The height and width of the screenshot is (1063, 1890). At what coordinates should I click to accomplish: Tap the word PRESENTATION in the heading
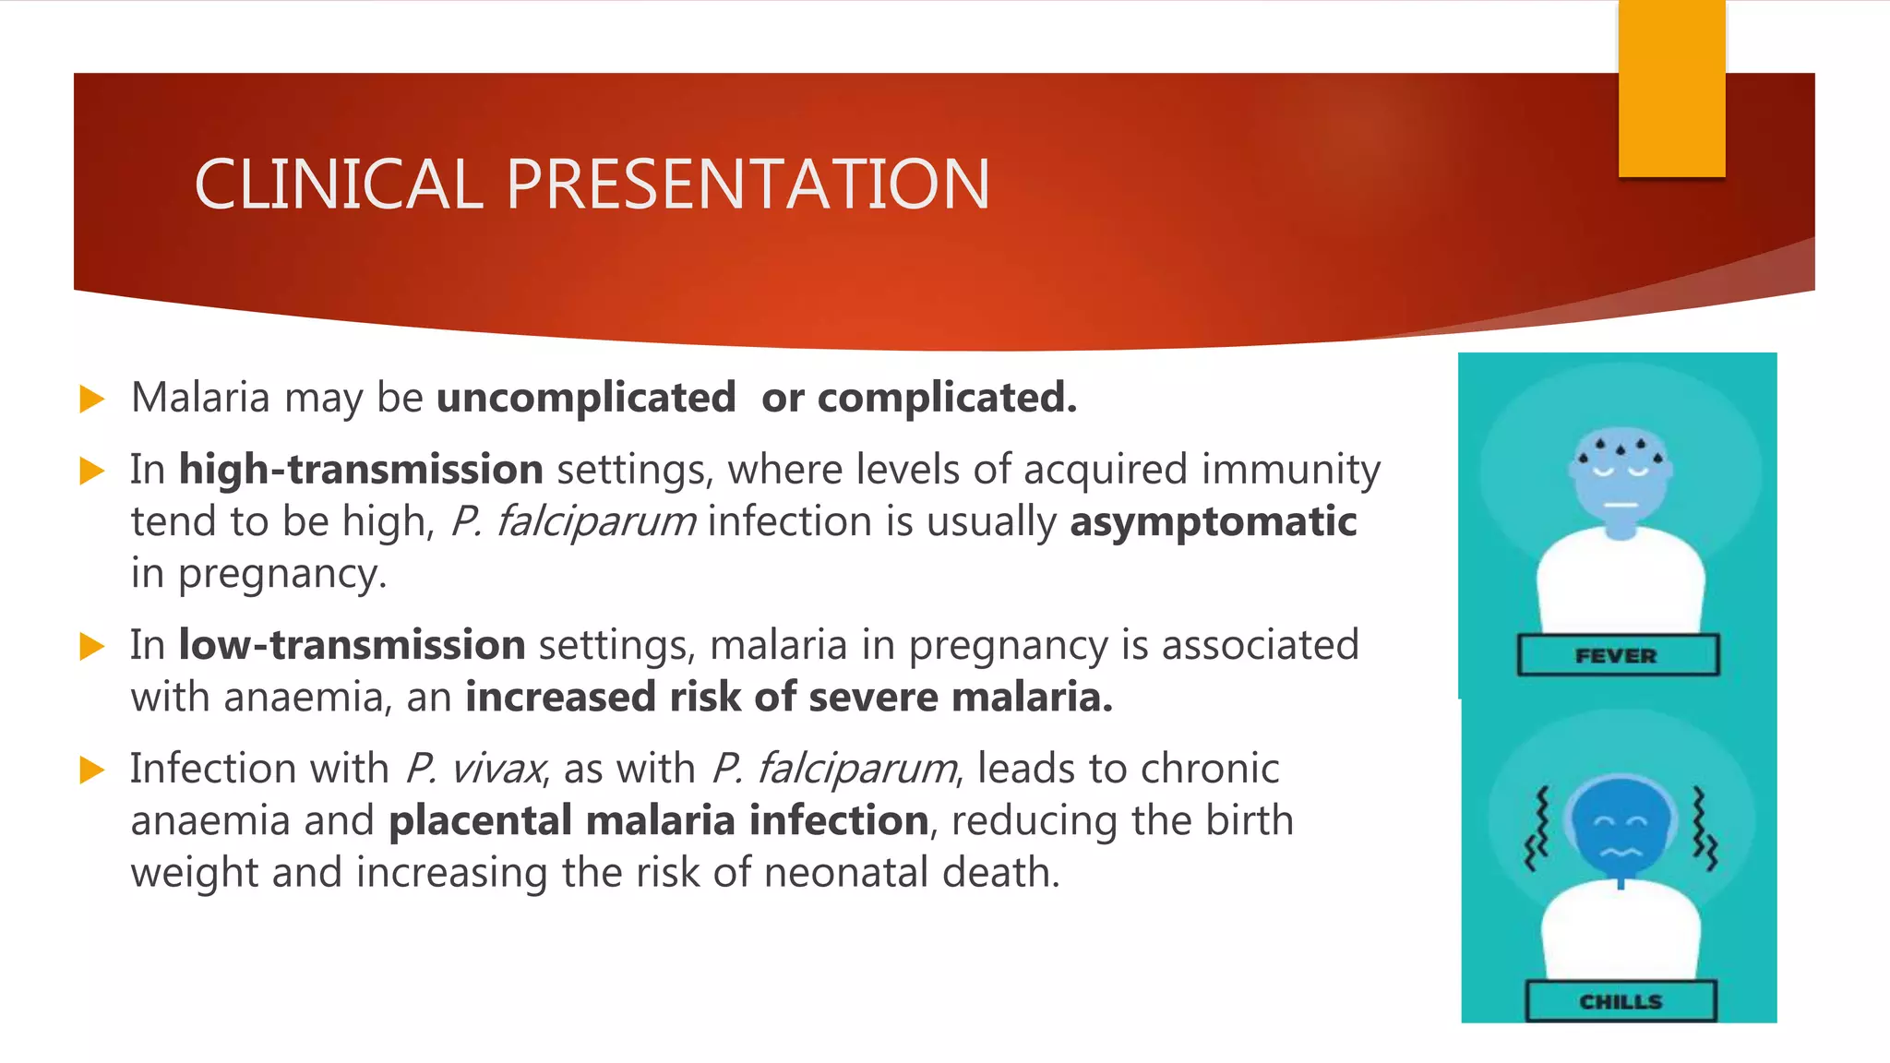coord(748,185)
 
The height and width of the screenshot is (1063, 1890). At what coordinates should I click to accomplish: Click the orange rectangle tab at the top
coord(1671,88)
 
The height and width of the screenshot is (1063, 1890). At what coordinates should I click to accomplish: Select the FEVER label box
coord(1617,655)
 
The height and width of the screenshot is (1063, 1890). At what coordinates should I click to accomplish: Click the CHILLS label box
coord(1621,1001)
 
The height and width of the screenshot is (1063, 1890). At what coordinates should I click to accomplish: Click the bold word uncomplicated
coord(586,398)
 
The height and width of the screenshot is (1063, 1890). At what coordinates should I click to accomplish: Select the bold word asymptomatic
coord(1213,521)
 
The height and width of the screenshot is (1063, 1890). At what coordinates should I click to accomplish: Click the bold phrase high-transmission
coord(361,470)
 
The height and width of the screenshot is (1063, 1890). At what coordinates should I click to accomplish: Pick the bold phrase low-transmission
coord(352,645)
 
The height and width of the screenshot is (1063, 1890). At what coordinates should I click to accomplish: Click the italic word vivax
coord(498,769)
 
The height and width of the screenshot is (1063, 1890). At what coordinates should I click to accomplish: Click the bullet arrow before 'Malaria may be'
coord(92,400)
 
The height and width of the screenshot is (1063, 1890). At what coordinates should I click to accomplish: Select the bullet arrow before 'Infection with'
coord(92,770)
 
